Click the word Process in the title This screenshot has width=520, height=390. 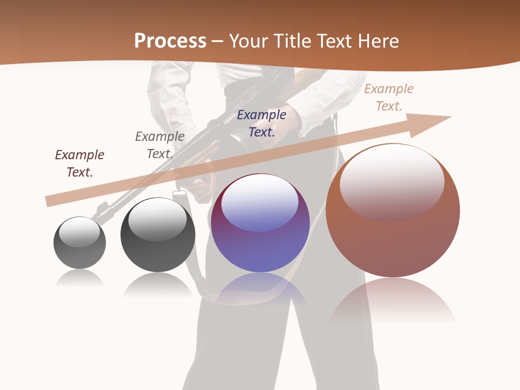170,41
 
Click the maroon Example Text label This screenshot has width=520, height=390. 80,164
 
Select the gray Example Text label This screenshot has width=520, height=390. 159,145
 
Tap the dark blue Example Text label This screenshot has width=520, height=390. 262,123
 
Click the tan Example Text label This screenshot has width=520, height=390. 388,97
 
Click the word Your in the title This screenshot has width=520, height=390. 246,41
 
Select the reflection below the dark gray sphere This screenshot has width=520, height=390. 158,284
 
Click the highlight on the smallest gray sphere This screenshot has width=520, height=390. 80,231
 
